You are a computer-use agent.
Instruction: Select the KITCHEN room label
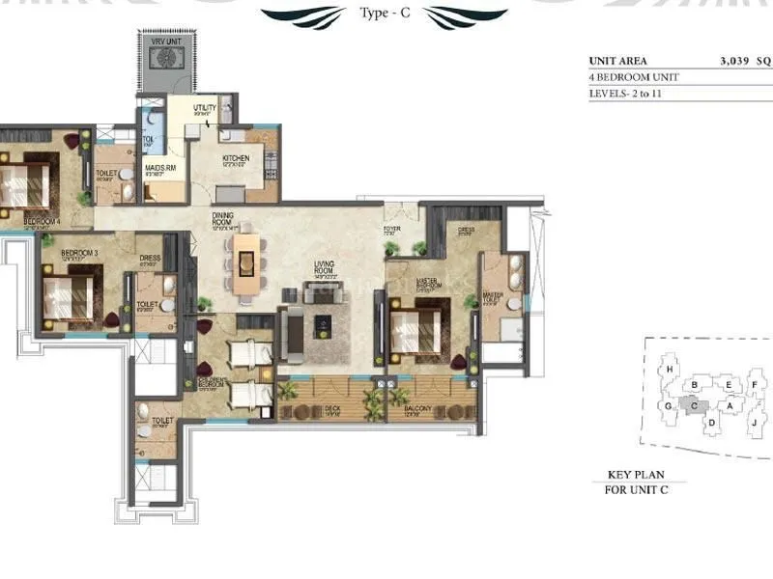[236, 159]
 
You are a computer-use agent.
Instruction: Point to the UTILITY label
[205, 109]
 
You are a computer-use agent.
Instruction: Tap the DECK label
[331, 408]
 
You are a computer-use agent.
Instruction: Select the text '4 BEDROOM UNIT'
[634, 77]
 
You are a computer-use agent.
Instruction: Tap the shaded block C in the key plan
[694, 406]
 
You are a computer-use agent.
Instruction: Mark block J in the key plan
[752, 422]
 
